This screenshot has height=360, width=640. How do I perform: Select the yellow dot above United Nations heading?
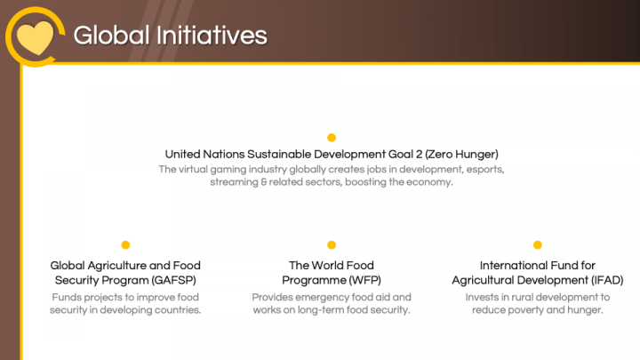coord(332,138)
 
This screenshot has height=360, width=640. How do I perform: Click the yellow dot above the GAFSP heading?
coord(125,244)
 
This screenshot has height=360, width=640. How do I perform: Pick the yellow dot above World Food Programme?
coord(332,244)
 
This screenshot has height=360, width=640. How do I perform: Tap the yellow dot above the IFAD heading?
coord(537,244)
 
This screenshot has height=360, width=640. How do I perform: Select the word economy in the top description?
coord(429,182)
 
